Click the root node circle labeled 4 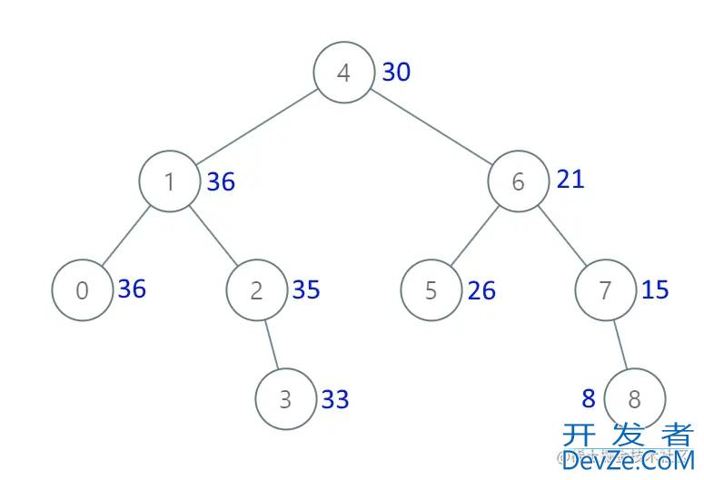(x=343, y=73)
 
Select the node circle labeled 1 (x=169, y=181)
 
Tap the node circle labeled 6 (x=518, y=181)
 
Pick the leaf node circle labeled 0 (x=82, y=290)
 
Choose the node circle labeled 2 (x=256, y=290)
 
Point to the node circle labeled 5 (x=431, y=290)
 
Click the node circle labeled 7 (x=605, y=290)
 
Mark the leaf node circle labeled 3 (x=285, y=399)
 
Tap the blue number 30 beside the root (x=396, y=72)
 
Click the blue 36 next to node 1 (x=221, y=182)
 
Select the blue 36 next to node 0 (x=132, y=289)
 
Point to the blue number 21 (x=570, y=179)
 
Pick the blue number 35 (x=306, y=289)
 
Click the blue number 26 (x=481, y=291)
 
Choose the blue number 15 (x=655, y=289)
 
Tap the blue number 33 (x=335, y=399)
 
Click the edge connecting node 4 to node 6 (x=431, y=127)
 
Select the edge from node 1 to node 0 (x=125, y=236)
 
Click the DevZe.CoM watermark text (x=627, y=461)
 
